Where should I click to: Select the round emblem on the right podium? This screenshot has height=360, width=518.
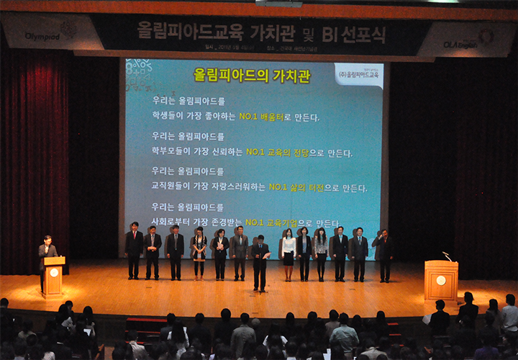pyautogui.click(x=441, y=280)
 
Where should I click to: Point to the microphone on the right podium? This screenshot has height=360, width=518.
pyautogui.click(x=447, y=256)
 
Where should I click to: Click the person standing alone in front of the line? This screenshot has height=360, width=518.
pyautogui.click(x=260, y=263)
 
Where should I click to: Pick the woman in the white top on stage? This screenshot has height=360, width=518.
pyautogui.click(x=288, y=252)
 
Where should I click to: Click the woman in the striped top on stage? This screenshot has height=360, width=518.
pyautogui.click(x=199, y=252)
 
